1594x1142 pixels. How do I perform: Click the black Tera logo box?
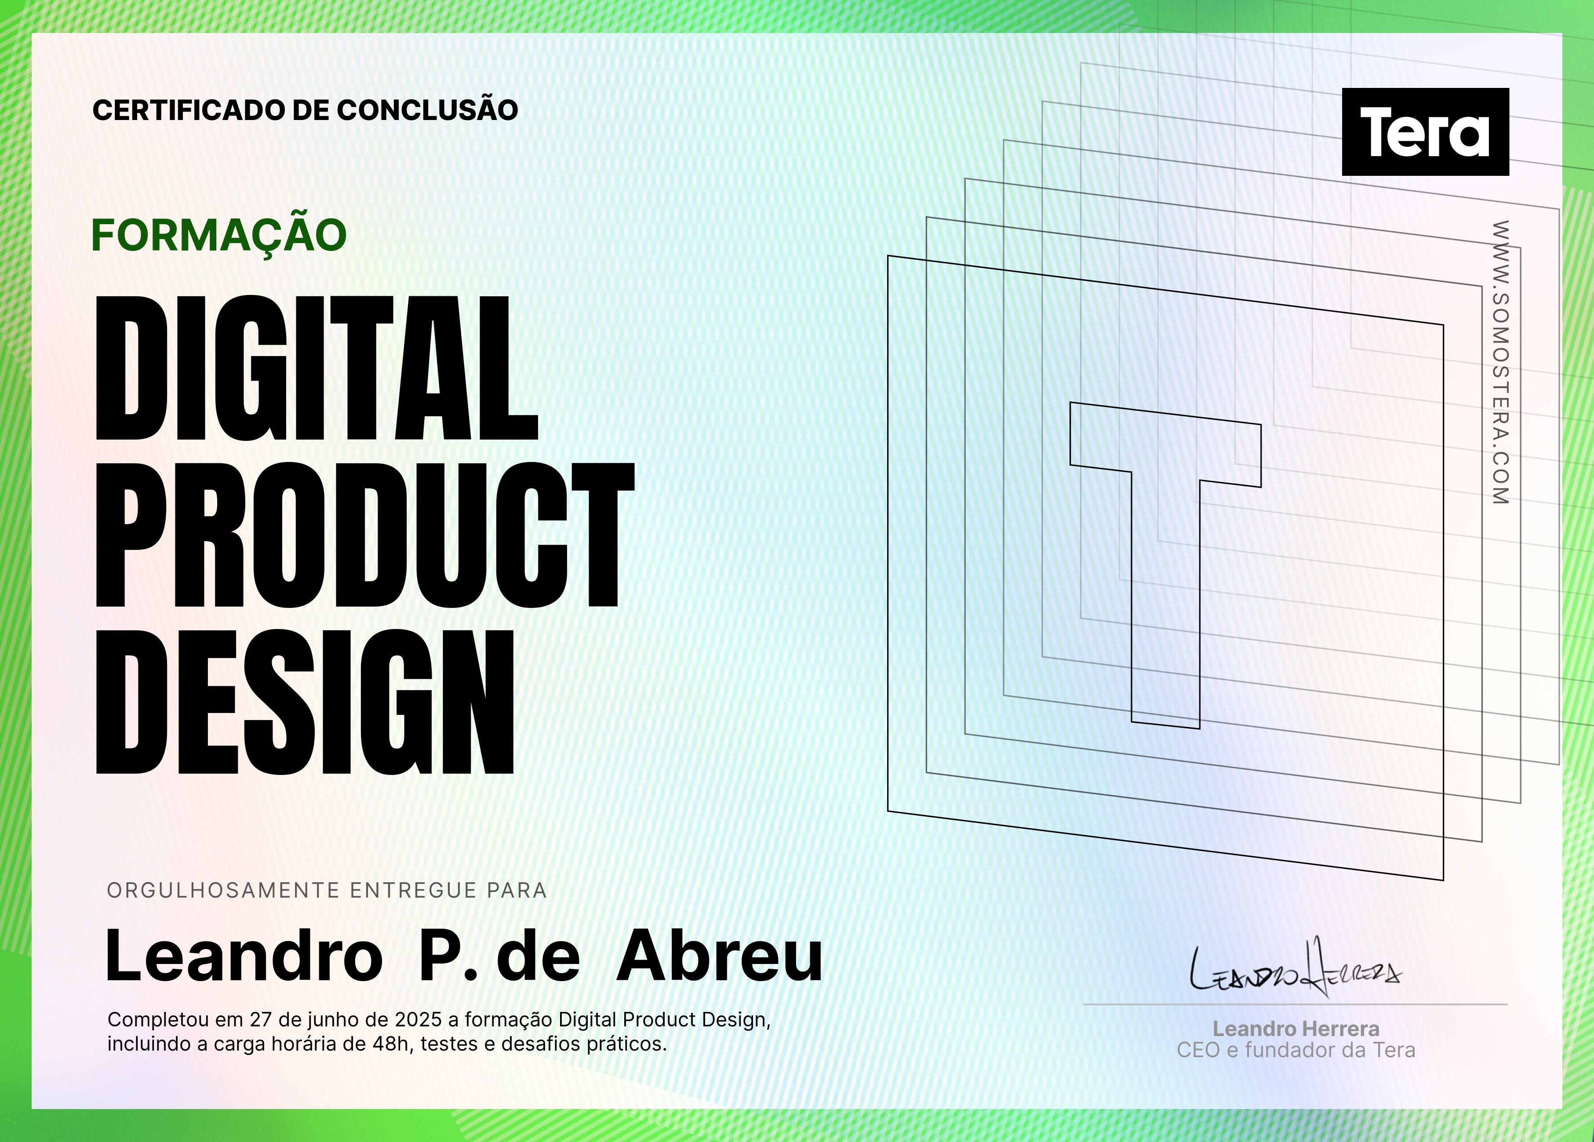click(x=1425, y=131)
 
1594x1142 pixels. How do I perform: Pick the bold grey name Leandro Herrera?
click(x=1296, y=1029)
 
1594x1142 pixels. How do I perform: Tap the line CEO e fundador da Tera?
click(x=1296, y=1050)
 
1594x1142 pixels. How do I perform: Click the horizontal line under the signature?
click(x=1296, y=1005)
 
